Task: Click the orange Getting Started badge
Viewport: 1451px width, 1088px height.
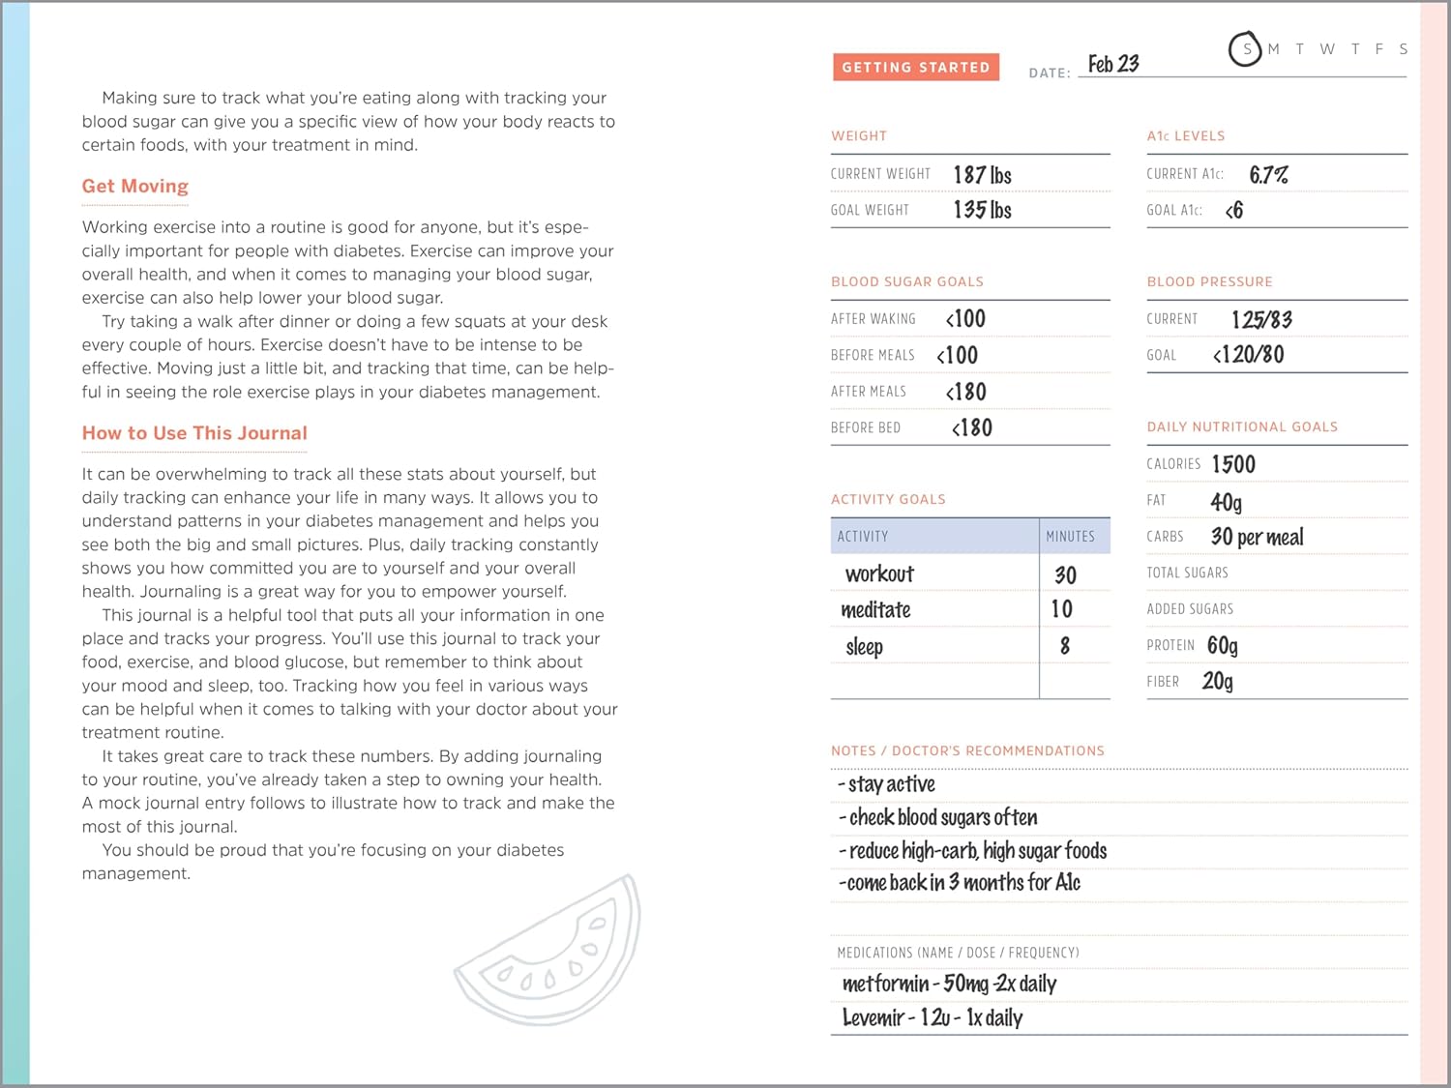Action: click(x=915, y=67)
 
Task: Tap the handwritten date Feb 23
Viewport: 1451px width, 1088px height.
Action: click(x=1113, y=65)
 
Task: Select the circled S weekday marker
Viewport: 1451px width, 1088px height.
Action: click(x=1246, y=49)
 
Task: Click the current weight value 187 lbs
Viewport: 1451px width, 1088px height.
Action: click(x=982, y=175)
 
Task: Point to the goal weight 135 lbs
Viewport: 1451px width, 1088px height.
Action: click(x=982, y=210)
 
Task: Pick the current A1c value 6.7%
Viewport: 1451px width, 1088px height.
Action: click(x=1268, y=175)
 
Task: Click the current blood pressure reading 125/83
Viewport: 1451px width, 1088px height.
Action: click(x=1261, y=319)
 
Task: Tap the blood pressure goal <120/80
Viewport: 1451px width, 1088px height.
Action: click(x=1249, y=355)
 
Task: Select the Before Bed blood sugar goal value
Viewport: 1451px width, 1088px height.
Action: click(x=972, y=427)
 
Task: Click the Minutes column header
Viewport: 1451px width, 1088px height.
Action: click(x=1070, y=536)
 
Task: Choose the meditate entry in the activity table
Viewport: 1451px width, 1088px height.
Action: click(x=875, y=610)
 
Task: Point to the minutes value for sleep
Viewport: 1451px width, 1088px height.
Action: click(x=1064, y=646)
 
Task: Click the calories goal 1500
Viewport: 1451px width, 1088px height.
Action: click(x=1233, y=464)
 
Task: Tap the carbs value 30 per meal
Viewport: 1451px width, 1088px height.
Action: click(x=1257, y=537)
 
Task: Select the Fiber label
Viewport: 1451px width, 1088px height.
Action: click(x=1163, y=682)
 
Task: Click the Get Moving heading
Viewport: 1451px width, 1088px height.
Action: click(x=135, y=187)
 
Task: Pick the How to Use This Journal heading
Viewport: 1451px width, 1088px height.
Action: click(x=194, y=433)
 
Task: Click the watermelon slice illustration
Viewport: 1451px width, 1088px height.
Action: click(x=551, y=953)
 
